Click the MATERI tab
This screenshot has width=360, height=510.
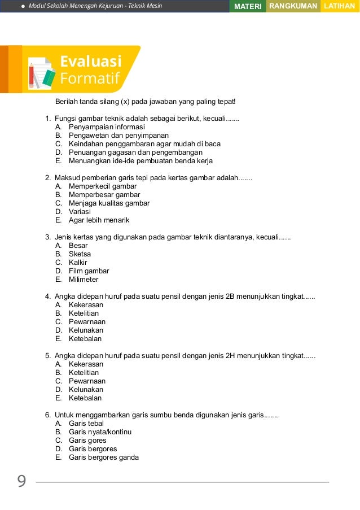[248, 6]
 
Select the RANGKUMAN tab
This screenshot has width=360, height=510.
[293, 6]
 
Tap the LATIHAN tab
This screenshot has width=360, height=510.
[340, 6]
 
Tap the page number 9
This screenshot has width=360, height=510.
[21, 481]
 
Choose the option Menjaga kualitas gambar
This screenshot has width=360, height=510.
[109, 203]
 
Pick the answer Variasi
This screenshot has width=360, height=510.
[80, 212]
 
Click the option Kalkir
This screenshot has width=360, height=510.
[78, 263]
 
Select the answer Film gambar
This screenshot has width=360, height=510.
[89, 271]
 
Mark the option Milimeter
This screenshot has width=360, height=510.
[84, 280]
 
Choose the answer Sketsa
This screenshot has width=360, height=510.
[80, 254]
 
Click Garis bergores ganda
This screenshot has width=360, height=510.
[103, 457]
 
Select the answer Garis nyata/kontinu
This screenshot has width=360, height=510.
[100, 432]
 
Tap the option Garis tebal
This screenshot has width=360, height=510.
[86, 424]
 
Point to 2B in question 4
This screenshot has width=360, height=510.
[230, 296]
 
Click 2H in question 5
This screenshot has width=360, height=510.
[230, 355]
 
